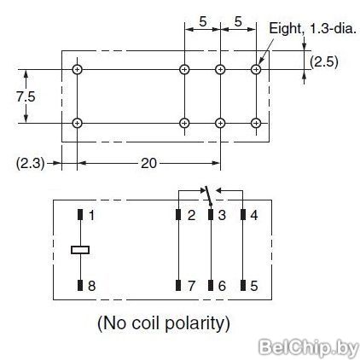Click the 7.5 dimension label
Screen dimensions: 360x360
click(x=26, y=96)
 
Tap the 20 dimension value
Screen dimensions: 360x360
click(x=148, y=163)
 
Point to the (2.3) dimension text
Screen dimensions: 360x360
click(x=31, y=164)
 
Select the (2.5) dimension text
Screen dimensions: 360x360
click(x=324, y=61)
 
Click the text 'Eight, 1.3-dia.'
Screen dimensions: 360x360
click(x=312, y=29)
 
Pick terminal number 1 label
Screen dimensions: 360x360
click(x=91, y=215)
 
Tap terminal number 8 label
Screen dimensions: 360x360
click(x=91, y=286)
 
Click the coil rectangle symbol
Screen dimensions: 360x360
click(x=80, y=250)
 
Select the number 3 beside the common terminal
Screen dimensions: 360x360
click(x=222, y=215)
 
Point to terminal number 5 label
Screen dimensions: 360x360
click(x=254, y=286)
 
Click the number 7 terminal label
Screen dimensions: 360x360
click(x=191, y=286)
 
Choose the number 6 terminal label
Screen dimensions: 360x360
click(x=222, y=286)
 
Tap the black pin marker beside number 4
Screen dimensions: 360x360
click(x=243, y=215)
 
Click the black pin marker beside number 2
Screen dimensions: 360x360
click(x=178, y=215)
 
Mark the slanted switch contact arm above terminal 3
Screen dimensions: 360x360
click(x=208, y=195)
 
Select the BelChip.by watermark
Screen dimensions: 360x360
click(x=309, y=347)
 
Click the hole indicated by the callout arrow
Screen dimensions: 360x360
click(x=256, y=69)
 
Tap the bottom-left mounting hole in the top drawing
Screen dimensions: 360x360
click(x=77, y=123)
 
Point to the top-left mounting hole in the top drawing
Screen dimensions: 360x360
click(x=77, y=69)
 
